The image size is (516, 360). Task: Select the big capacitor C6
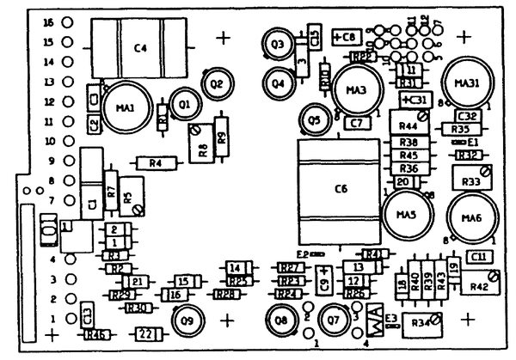point(337,189)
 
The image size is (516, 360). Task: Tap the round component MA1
point(123,106)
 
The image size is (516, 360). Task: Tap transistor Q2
point(215,83)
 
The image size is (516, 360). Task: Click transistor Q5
point(316,119)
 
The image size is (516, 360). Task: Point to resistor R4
point(155,162)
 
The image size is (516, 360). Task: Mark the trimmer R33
point(471,181)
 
